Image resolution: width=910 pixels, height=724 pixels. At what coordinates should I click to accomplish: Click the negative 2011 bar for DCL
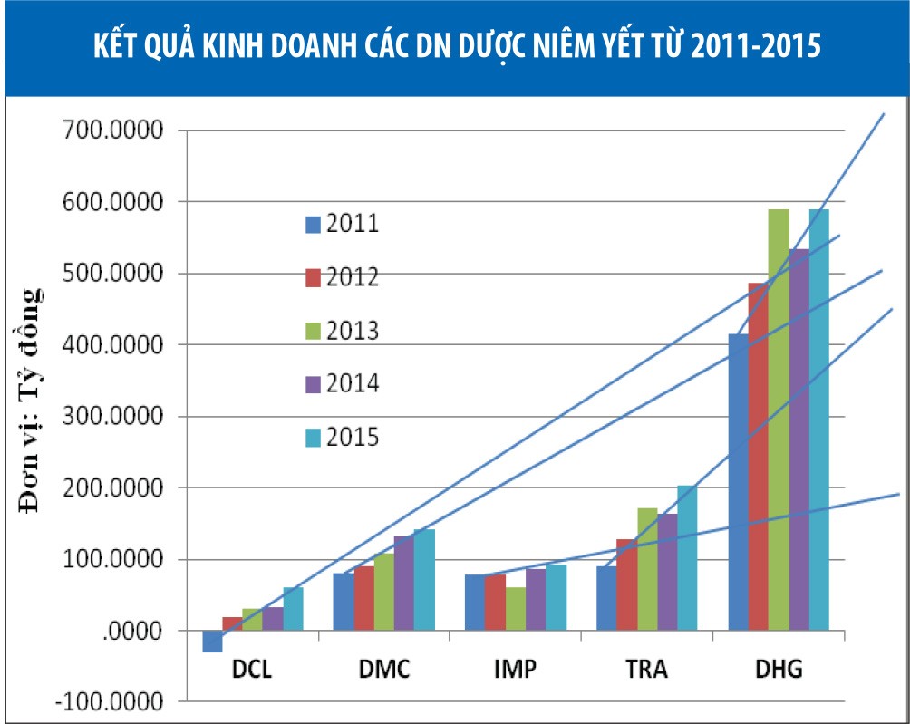(212, 642)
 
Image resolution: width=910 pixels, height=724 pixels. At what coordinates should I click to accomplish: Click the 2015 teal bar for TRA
(687, 558)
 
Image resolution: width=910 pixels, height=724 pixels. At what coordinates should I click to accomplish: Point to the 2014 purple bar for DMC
(403, 584)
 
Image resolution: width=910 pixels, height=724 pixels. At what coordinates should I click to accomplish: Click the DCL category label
(252, 671)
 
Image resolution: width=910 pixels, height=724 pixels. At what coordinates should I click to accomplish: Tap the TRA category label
(646, 671)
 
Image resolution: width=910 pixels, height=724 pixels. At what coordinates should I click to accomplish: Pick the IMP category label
(515, 671)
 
